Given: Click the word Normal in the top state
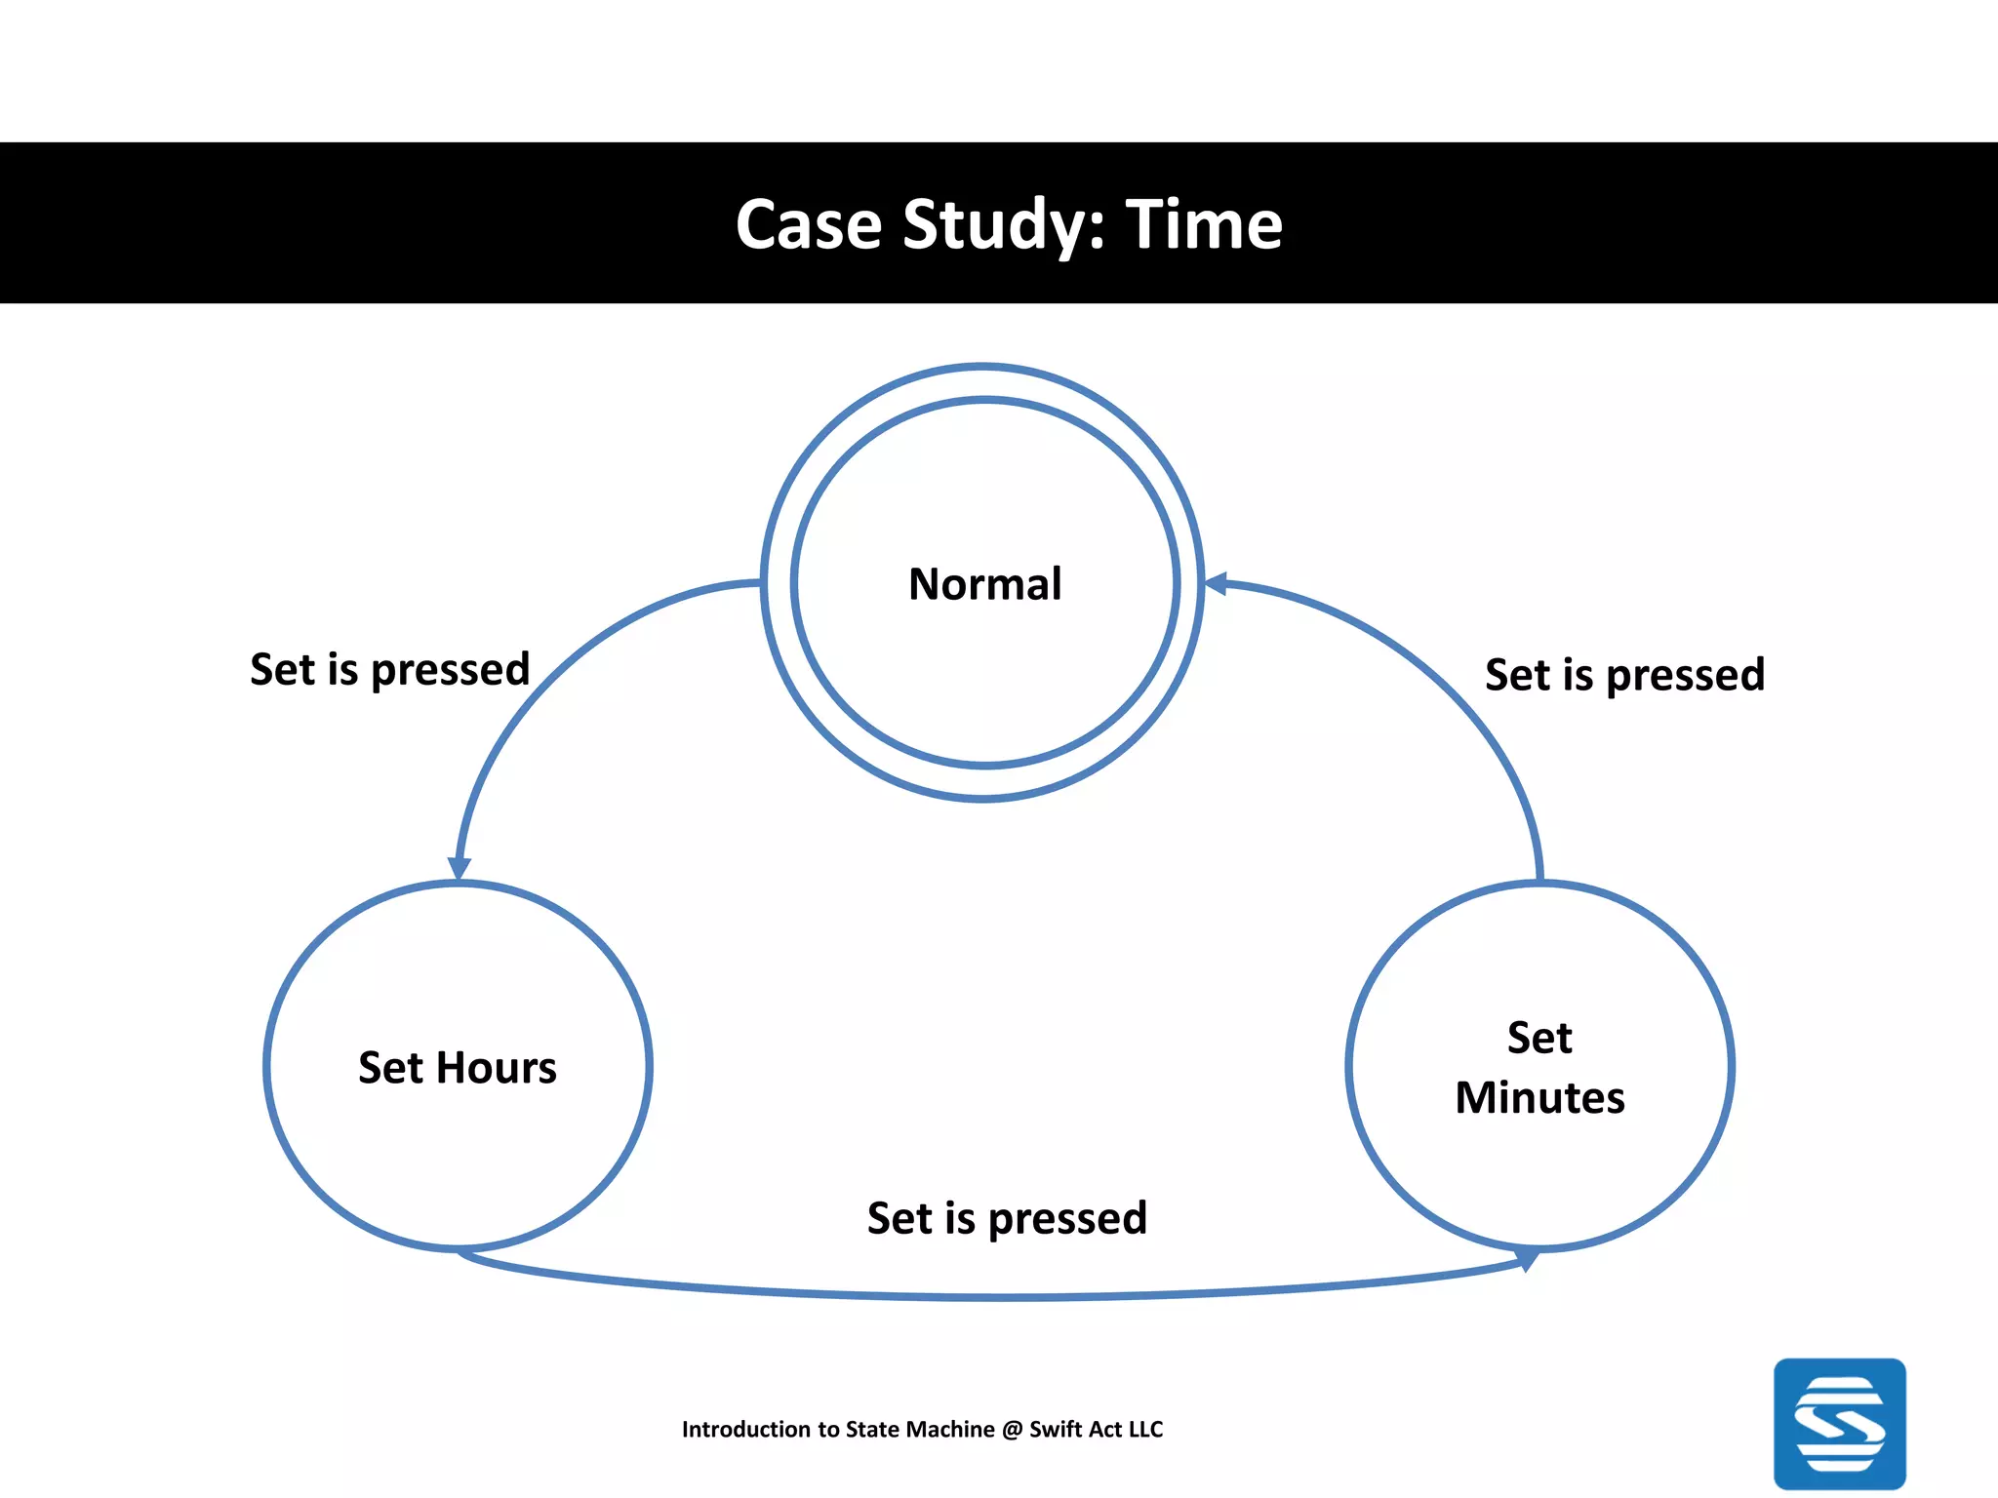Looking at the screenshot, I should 984,584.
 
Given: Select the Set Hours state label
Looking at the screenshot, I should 458,1068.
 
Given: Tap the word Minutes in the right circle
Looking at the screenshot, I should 1539,1098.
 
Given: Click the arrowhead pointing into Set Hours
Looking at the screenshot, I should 459,867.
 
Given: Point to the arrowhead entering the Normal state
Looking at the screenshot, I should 1216,584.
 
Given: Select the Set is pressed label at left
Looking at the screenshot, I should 389,670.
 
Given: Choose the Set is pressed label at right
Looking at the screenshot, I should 1624,675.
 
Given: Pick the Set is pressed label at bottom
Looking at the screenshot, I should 1007,1219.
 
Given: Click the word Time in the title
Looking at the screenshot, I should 1204,224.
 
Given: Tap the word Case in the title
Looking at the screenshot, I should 809,224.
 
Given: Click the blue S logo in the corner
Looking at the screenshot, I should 1839,1423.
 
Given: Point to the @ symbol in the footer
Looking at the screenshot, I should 1012,1430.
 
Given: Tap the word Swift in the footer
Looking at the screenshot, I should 1056,1430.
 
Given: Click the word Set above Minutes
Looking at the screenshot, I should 1539,1038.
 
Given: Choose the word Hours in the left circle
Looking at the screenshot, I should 497,1068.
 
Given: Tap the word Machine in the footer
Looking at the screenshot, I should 949,1430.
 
